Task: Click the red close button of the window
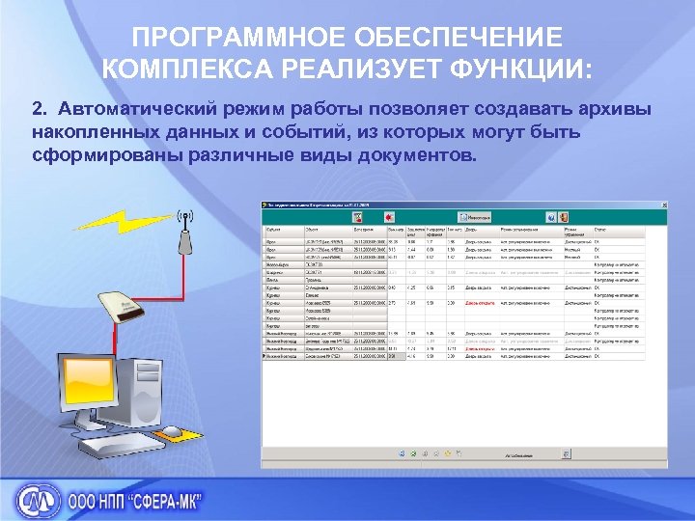tap(662, 205)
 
